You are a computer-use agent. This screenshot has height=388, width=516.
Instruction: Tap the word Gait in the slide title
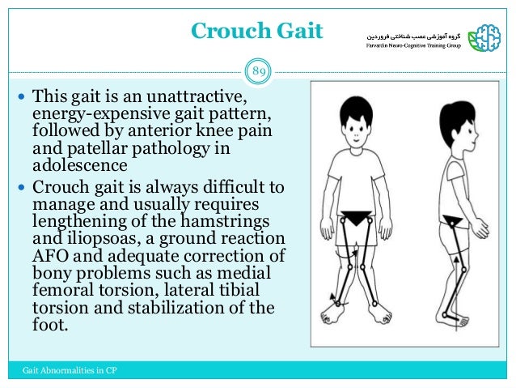point(297,32)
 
